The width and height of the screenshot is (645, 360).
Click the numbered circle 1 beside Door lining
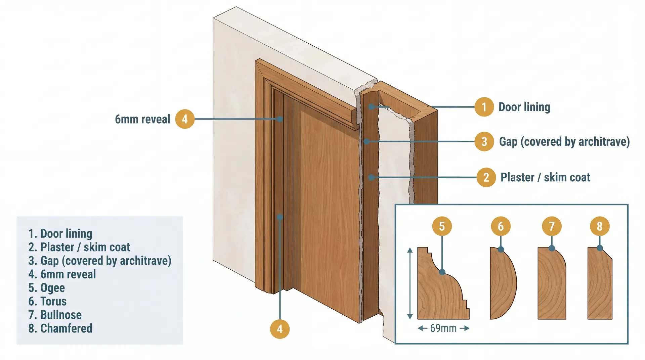click(x=484, y=107)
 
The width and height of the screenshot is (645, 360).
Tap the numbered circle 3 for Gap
click(x=484, y=141)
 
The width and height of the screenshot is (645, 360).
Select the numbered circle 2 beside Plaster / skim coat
click(x=486, y=177)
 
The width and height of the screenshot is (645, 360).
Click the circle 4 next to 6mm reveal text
click(x=184, y=119)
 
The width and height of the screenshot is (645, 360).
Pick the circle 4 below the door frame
click(x=279, y=329)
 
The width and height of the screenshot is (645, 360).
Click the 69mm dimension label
click(x=443, y=328)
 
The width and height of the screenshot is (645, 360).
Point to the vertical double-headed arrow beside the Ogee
click(x=410, y=283)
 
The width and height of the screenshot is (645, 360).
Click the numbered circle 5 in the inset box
click(x=441, y=226)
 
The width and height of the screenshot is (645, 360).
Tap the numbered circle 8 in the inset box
click(x=599, y=226)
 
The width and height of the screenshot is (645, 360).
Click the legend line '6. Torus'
click(x=47, y=301)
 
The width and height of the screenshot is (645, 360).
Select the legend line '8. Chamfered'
click(x=60, y=328)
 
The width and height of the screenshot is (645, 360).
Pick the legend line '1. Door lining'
click(x=60, y=233)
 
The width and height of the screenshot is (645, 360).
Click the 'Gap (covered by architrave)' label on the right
click(x=564, y=142)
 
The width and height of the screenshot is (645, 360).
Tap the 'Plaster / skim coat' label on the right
click(x=545, y=177)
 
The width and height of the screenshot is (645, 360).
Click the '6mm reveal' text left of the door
click(x=142, y=119)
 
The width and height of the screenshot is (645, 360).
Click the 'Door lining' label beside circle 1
click(x=524, y=107)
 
